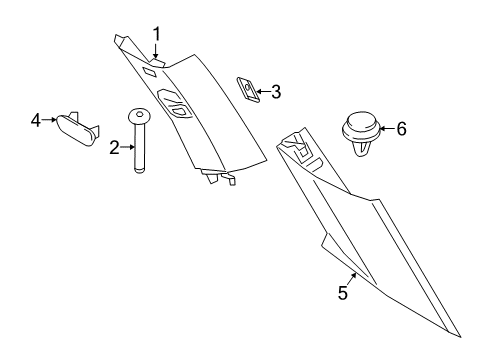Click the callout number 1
point(156,34)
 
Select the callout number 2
point(115,147)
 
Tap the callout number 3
point(276,92)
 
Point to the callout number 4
point(36,120)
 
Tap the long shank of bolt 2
point(139,148)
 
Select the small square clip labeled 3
point(246,88)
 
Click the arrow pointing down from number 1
point(156,52)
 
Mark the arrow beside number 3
point(262,92)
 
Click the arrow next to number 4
point(49,120)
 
